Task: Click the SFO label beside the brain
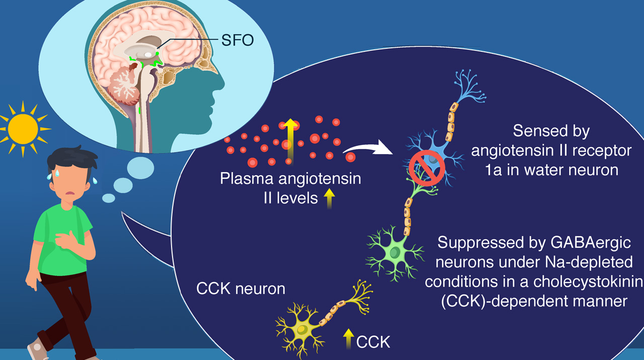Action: click(x=237, y=40)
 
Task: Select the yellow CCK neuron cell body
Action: click(x=302, y=328)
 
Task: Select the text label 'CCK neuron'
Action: click(x=240, y=289)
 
